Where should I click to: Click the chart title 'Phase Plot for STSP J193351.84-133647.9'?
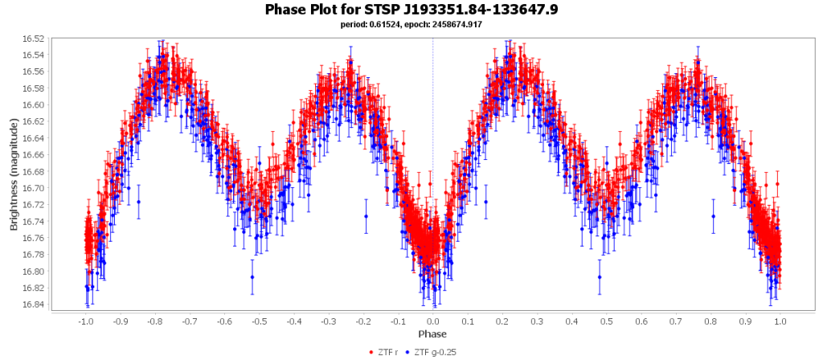click(411, 10)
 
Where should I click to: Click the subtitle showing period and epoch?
click(411, 24)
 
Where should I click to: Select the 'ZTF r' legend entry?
click(389, 352)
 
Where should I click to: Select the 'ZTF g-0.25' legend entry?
click(436, 352)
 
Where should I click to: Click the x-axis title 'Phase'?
click(432, 333)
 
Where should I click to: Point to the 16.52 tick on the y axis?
click(33, 39)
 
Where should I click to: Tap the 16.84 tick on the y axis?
click(33, 305)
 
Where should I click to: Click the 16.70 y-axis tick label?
click(33, 188)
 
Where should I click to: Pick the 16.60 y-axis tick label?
click(33, 105)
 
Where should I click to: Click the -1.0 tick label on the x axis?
click(85, 321)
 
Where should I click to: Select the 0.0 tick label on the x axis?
click(433, 321)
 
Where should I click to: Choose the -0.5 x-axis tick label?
click(259, 321)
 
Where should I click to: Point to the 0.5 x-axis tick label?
click(607, 321)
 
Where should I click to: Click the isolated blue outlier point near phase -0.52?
click(252, 277)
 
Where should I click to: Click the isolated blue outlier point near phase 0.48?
click(600, 277)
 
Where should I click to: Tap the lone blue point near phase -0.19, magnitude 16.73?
click(366, 216)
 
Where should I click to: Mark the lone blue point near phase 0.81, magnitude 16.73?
click(713, 216)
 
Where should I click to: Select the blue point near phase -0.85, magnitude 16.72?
click(138, 202)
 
